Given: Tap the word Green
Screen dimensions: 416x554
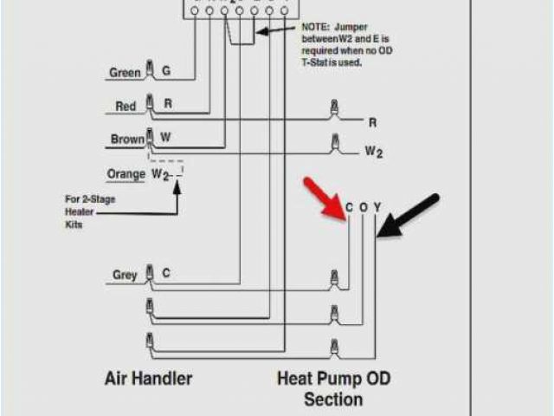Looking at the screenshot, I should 125,74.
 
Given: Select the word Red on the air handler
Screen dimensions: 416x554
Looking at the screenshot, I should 126,107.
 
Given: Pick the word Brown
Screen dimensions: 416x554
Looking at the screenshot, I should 127,140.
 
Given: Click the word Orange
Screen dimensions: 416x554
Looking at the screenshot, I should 126,173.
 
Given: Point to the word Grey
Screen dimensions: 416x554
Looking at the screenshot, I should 125,276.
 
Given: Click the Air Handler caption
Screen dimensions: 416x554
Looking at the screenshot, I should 149,378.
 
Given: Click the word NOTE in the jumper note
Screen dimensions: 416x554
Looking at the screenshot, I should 314,28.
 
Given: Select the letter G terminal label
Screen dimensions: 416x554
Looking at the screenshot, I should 167,72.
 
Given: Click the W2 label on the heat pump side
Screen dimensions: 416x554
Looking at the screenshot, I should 373,151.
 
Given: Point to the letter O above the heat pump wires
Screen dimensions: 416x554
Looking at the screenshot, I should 364,207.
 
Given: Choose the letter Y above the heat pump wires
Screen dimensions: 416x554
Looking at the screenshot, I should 377,207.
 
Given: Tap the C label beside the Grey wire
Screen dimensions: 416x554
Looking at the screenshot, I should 166,273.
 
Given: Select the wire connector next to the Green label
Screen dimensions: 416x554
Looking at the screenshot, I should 150,69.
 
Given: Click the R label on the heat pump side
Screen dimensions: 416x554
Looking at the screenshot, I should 373,122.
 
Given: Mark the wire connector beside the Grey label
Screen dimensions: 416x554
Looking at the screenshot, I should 150,273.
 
